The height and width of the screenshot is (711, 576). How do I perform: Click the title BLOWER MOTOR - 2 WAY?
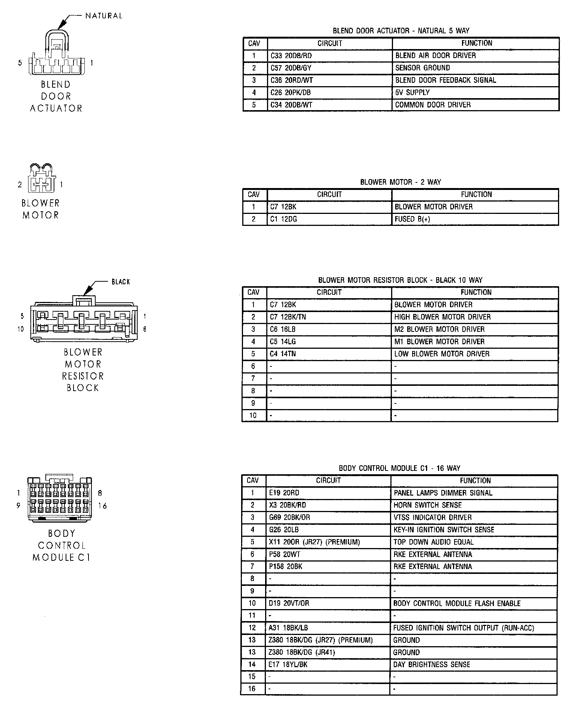pyautogui.click(x=400, y=182)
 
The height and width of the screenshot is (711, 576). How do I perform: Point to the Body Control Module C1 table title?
pyautogui.click(x=399, y=468)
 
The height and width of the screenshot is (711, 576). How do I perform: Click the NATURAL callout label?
pyautogui.click(x=104, y=16)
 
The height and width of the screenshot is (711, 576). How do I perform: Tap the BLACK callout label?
pyautogui.click(x=120, y=282)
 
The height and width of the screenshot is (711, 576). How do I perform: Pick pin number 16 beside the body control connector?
pyautogui.click(x=103, y=506)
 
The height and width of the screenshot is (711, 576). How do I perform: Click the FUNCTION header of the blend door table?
pyautogui.click(x=477, y=43)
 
